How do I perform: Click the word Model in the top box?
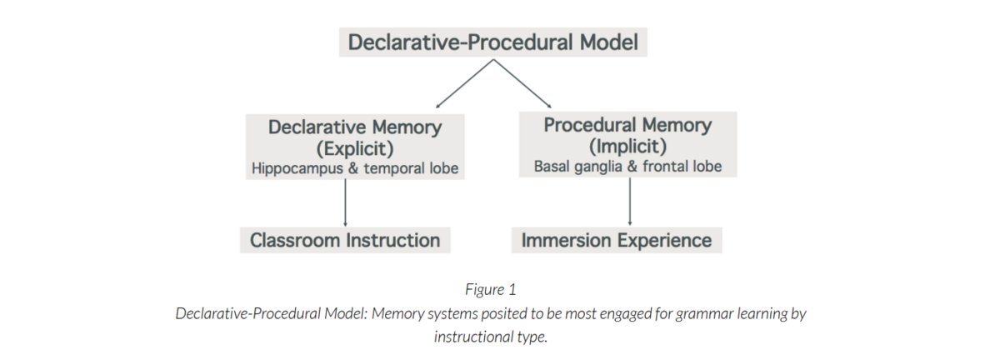(x=608, y=42)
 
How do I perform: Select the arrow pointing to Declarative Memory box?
(x=464, y=83)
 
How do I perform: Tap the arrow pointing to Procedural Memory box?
(x=522, y=83)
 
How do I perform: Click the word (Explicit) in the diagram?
(x=355, y=148)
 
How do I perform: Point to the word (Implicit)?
(x=627, y=147)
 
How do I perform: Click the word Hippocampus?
(x=297, y=169)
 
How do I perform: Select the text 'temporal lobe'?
(x=411, y=168)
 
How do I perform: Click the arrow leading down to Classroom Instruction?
(x=345, y=202)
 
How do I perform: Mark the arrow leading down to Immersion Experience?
(x=630, y=202)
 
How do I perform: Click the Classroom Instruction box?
(x=345, y=240)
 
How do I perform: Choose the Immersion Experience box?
(x=617, y=240)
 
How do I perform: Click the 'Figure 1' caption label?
(x=491, y=289)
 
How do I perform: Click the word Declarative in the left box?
(x=317, y=127)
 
